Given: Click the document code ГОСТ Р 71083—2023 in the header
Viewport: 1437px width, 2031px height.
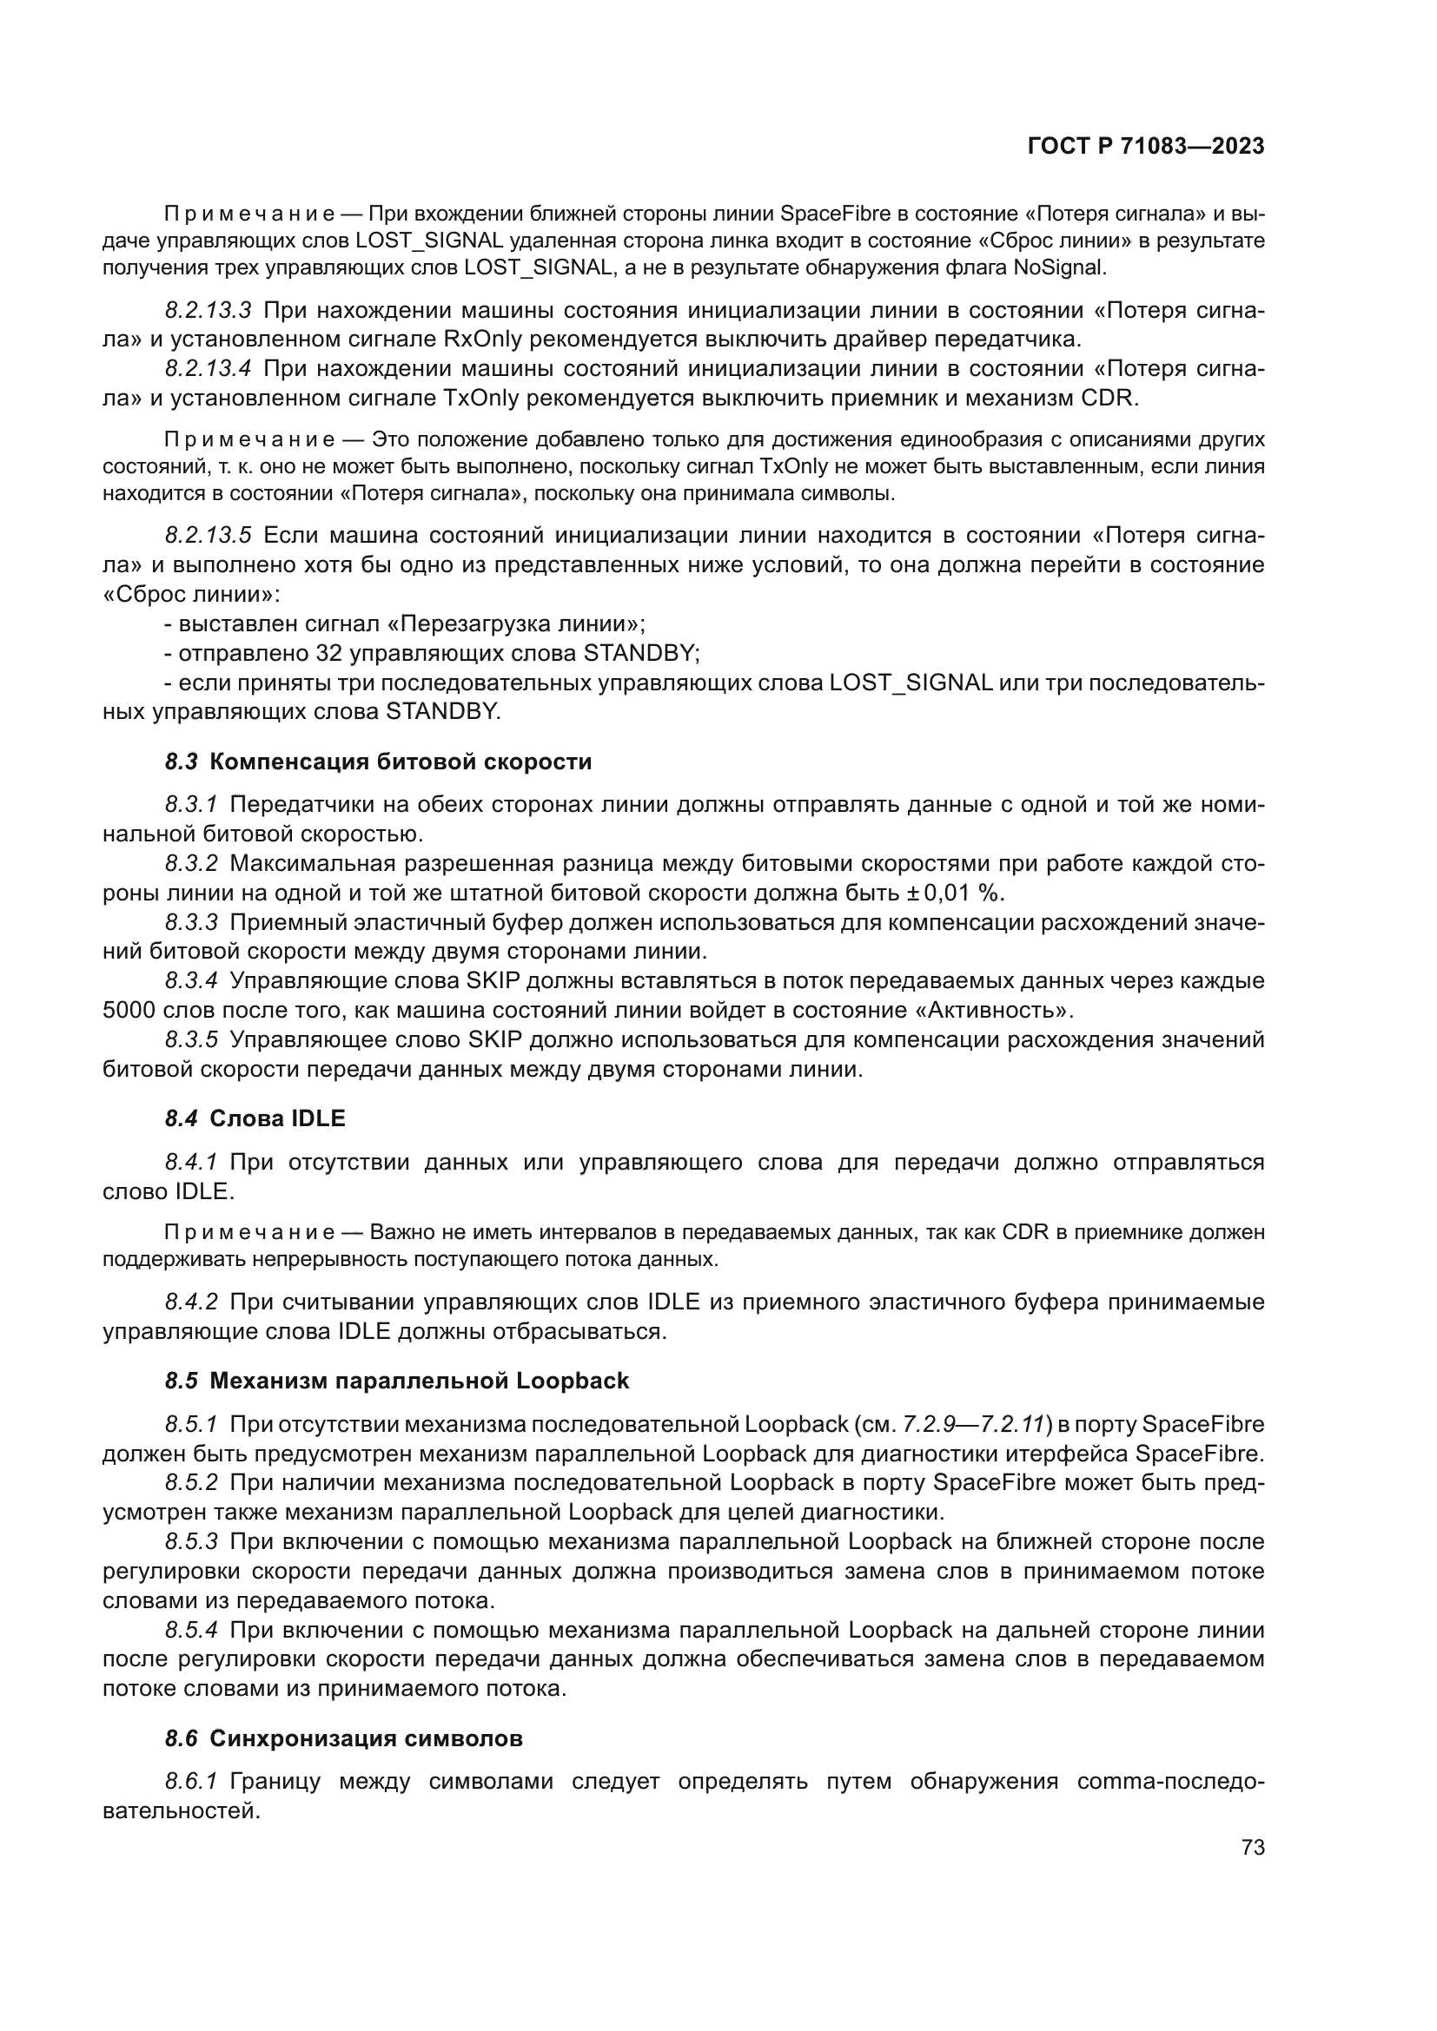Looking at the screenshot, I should point(1145,147).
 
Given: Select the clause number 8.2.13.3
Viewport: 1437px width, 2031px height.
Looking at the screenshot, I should point(208,311).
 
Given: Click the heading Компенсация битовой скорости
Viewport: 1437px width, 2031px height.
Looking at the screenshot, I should point(400,762).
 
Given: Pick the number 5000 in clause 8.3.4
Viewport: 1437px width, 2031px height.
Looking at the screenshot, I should point(130,1009).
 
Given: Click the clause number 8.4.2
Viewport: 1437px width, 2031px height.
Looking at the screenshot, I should point(191,1302).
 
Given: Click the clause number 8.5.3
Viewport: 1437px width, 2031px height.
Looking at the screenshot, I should point(191,1541).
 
